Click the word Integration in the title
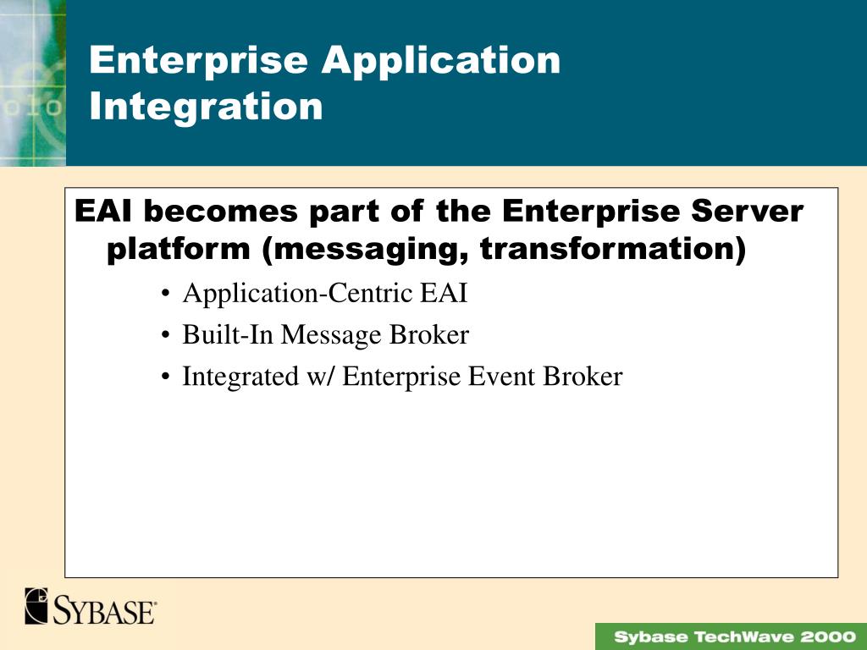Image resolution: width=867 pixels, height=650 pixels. tap(206, 107)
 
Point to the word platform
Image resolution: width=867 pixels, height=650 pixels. tap(178, 250)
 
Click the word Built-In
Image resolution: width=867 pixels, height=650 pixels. tap(228, 335)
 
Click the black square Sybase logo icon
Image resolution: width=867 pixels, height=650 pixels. tap(36, 606)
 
